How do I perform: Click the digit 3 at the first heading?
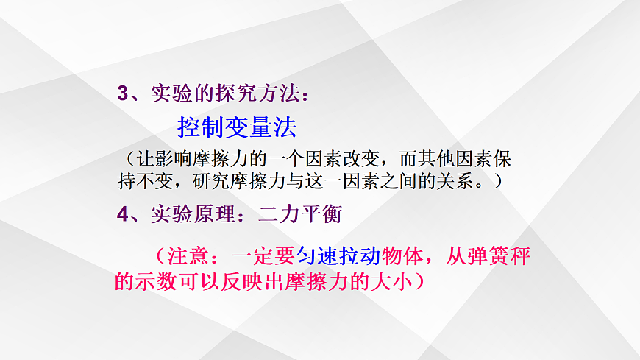(x=123, y=93)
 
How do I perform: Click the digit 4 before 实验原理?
(x=123, y=214)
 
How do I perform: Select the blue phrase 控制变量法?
(x=237, y=127)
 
